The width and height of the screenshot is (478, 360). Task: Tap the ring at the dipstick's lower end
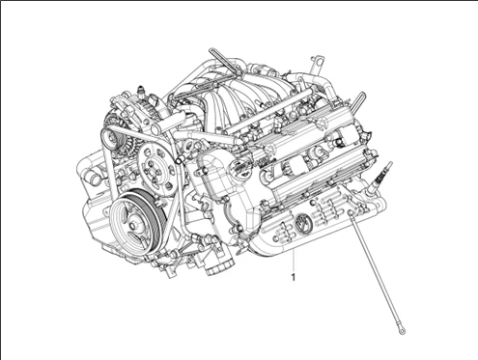tap(402, 331)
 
